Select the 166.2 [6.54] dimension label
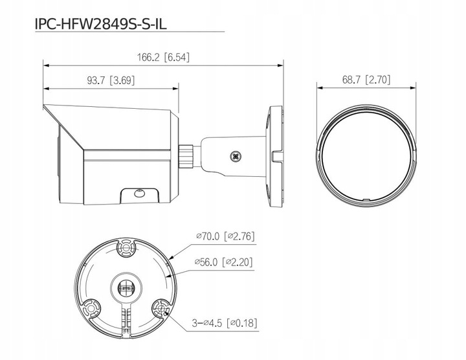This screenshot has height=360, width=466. pyautogui.click(x=164, y=57)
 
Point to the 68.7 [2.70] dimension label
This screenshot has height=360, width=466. pyautogui.click(x=366, y=80)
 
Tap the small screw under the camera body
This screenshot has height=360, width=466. pyautogui.click(x=137, y=193)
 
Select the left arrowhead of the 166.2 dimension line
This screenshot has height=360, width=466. pyautogui.click(x=45, y=64)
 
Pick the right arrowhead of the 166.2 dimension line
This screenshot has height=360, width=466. pyautogui.click(x=282, y=64)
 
